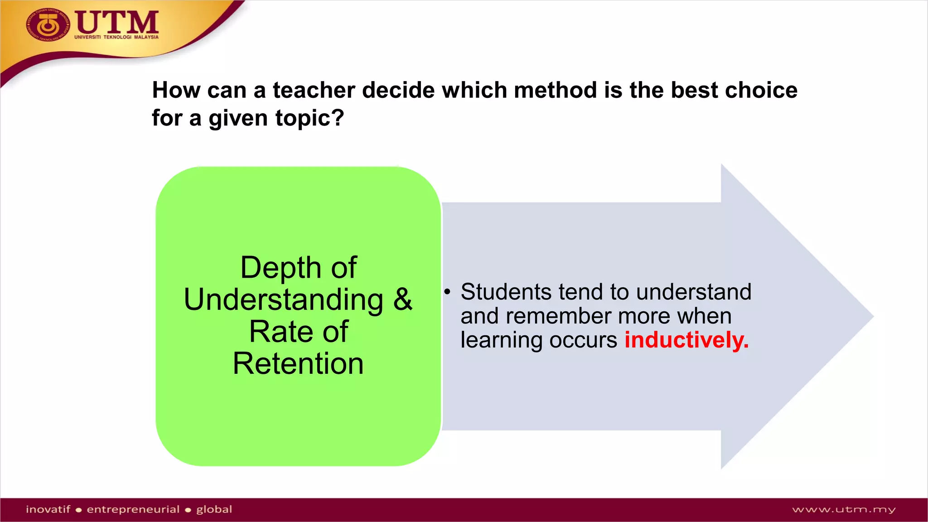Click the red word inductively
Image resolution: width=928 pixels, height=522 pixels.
(x=686, y=340)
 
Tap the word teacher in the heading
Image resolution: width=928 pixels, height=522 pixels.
(x=314, y=90)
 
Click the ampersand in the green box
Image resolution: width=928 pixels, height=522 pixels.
(x=402, y=300)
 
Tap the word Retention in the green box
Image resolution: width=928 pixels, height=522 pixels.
(x=298, y=363)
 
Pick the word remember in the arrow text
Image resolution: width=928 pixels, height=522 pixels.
(x=558, y=316)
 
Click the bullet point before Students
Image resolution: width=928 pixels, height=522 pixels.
(x=447, y=292)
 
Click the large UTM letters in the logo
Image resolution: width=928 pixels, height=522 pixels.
(x=117, y=22)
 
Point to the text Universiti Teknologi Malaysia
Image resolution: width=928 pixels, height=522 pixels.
(x=116, y=37)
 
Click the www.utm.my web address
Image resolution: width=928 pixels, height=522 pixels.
(x=844, y=510)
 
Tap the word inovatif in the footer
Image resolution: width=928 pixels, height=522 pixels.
(x=48, y=509)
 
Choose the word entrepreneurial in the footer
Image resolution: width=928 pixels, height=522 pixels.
(x=133, y=509)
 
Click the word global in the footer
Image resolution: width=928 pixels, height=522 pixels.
(x=214, y=509)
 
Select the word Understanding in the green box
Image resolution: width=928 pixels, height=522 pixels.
(x=284, y=300)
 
